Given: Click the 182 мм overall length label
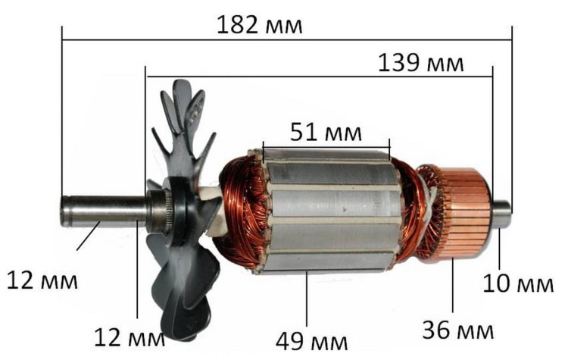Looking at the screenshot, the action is coord(259,25).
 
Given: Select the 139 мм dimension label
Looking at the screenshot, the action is coord(420,63).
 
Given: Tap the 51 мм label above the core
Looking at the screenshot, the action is coord(326,133).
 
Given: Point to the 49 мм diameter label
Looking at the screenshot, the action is coord(311,341).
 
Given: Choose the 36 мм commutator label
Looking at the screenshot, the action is coord(457,330).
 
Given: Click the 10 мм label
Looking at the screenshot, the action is coord(518,283).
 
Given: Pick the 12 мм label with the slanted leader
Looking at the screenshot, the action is coord(42,280).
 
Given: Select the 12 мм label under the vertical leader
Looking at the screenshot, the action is coord(130,337).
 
